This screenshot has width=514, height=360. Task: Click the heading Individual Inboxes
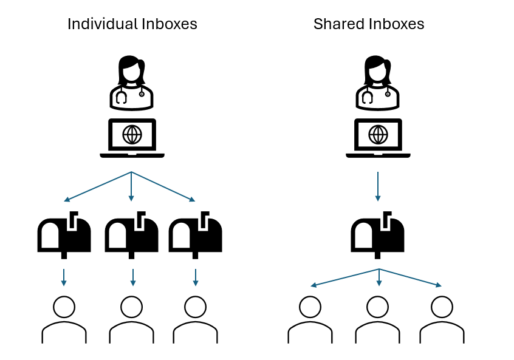pos(132,24)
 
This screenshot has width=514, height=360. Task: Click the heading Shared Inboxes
pos(368,24)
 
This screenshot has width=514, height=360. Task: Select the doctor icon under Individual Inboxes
pos(131,83)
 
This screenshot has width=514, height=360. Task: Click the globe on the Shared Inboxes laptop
pos(378,134)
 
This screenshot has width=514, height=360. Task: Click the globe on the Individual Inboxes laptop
pos(132,134)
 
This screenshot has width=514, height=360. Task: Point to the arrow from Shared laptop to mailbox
pos(378,186)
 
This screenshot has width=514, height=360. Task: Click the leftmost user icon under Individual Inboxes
pos(64,319)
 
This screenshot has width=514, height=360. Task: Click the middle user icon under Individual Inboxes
pos(131,319)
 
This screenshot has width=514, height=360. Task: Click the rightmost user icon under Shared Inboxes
pos(442,319)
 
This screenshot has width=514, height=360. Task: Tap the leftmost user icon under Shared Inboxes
pos(310,319)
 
